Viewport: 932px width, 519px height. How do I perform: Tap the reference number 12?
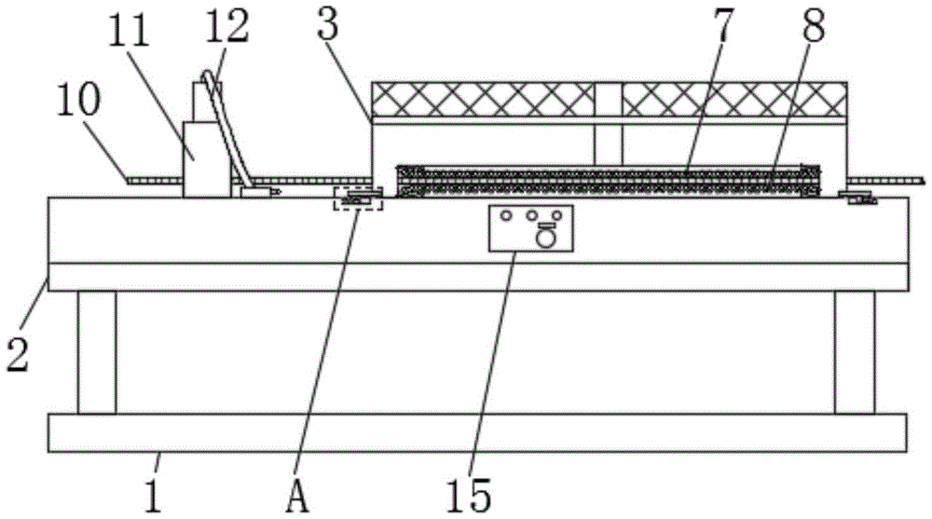coord(229,26)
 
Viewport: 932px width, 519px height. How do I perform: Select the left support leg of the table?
coord(97,352)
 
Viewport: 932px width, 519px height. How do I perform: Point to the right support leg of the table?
coord(854,352)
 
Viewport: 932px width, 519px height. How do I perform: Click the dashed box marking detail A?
coord(359,197)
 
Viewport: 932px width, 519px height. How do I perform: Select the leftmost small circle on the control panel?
coord(506,215)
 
